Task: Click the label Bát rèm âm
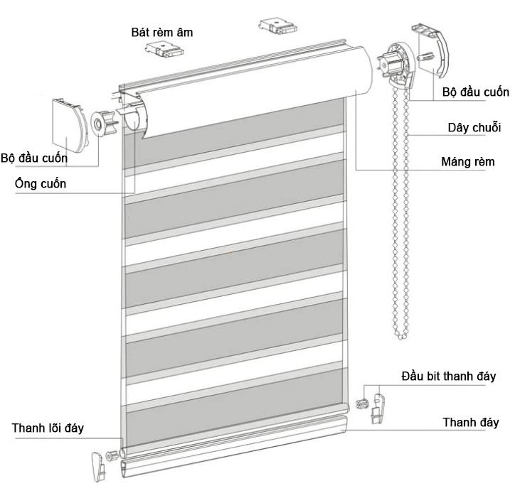point(161,33)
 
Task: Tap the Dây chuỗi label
point(474,128)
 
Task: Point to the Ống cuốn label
point(41,184)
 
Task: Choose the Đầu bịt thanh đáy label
point(448,376)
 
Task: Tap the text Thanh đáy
point(470,422)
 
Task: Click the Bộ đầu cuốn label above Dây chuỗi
point(475,93)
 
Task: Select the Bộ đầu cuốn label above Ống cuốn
point(35,158)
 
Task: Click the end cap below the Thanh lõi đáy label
point(97,465)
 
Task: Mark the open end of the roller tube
point(132,120)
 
